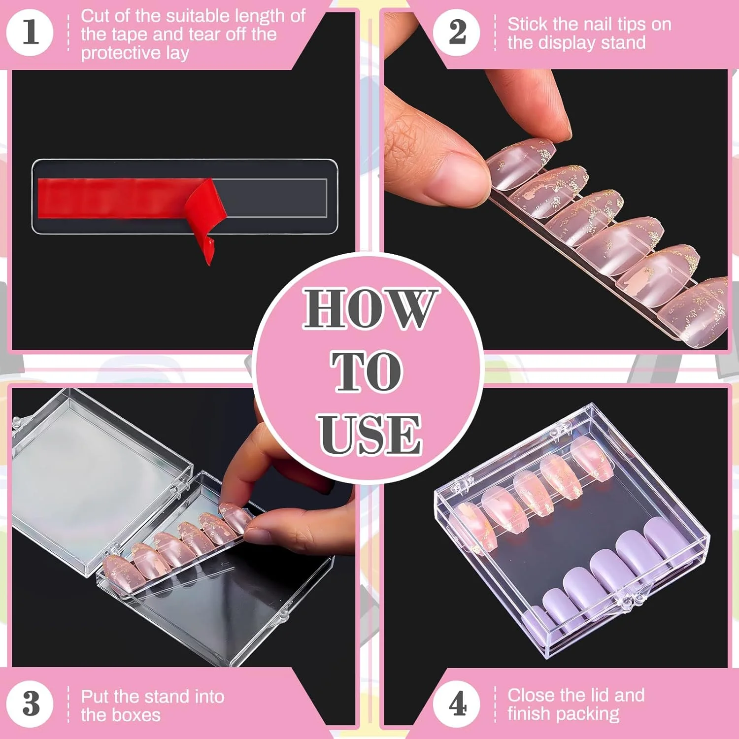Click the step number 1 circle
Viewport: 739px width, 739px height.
[x=30, y=33]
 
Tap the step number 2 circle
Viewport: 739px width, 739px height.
[x=457, y=33]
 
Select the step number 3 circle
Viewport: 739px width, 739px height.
[x=30, y=704]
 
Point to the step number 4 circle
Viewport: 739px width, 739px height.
[x=457, y=704]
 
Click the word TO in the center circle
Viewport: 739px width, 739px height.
[x=367, y=371]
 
